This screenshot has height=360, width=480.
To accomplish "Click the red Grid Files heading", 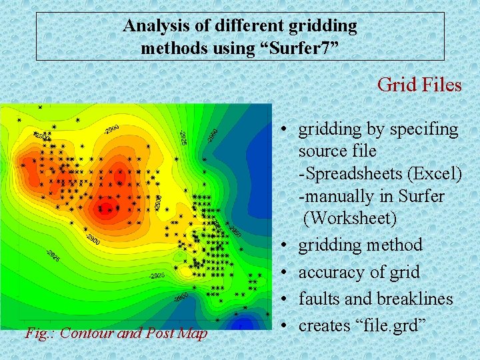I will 419,85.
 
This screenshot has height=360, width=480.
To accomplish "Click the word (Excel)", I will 437,173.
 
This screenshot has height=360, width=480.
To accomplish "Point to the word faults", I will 317,299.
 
